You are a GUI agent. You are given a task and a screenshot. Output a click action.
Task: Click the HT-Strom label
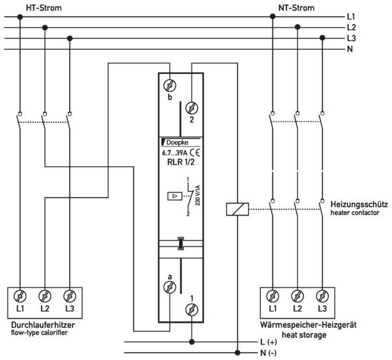44,8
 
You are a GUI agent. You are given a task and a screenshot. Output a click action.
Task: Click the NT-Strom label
297,8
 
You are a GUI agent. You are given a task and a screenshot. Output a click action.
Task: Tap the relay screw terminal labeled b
170,86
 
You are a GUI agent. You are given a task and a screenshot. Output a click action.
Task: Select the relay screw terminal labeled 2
191,108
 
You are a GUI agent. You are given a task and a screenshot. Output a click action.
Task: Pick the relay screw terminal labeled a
170,287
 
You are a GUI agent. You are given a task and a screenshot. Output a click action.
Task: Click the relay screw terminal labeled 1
191,310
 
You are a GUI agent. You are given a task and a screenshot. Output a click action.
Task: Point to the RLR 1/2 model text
181,162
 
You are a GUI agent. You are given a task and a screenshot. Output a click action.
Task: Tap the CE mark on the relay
195,152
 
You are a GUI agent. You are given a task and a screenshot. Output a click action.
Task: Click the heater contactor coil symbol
238,209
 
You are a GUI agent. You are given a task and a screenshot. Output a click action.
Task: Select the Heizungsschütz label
359,205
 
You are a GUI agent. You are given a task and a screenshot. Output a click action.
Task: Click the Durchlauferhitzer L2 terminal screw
45,296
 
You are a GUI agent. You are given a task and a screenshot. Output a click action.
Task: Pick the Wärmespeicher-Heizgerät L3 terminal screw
323,296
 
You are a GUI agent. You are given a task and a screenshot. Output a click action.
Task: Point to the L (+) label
269,342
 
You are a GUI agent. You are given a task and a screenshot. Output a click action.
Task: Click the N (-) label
269,353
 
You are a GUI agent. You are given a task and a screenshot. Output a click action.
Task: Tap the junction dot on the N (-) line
238,353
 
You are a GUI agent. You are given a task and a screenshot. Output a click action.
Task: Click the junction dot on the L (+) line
191,342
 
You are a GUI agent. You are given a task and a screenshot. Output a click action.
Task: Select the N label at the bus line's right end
350,49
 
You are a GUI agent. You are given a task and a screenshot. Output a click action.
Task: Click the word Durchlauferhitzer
43,325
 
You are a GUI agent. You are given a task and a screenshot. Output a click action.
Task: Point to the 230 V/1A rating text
198,195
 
